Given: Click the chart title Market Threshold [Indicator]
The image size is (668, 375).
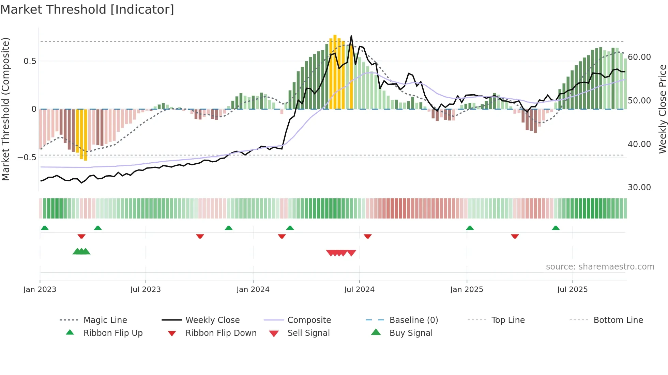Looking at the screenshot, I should (x=87, y=10).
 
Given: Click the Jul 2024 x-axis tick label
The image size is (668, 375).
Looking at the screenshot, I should (x=359, y=290).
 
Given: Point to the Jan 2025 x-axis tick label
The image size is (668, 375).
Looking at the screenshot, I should (x=467, y=290).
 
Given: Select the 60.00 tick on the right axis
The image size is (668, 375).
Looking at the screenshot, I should (x=639, y=57).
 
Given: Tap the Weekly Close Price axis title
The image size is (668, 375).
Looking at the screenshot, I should (x=662, y=109).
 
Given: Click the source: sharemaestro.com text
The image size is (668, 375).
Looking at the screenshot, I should (x=600, y=267).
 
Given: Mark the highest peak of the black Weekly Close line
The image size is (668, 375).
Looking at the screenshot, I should (x=351, y=36).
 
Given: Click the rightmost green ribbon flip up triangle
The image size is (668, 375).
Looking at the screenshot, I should (x=556, y=228).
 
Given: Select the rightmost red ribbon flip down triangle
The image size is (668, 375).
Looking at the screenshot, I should (x=515, y=236).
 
